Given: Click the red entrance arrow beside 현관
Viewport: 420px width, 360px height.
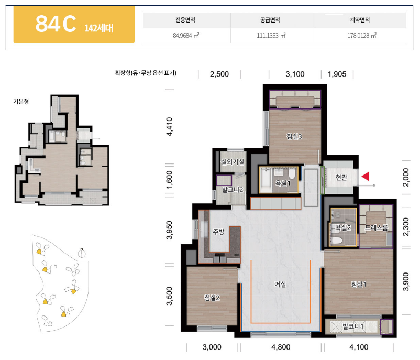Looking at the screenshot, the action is pyautogui.click(x=366, y=177).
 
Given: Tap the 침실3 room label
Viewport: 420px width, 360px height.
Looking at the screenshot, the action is pyautogui.click(x=294, y=136).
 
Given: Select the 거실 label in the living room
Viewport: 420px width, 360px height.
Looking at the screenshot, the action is pyautogui.click(x=280, y=284).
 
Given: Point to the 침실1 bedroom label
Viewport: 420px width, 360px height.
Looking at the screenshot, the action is pyautogui.click(x=359, y=284).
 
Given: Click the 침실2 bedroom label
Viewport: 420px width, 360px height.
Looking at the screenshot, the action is pyautogui.click(x=212, y=298).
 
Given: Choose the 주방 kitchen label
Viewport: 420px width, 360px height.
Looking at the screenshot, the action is pyautogui.click(x=218, y=232).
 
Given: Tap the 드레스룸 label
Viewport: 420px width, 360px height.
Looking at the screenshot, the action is pyautogui.click(x=377, y=228).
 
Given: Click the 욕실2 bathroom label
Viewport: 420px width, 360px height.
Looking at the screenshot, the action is pyautogui.click(x=344, y=228).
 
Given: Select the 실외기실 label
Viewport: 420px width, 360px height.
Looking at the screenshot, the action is pyautogui.click(x=232, y=162).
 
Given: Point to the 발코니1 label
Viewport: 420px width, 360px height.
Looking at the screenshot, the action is pyautogui.click(x=353, y=326).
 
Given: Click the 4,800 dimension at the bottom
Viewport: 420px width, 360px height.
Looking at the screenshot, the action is pyautogui.click(x=281, y=347).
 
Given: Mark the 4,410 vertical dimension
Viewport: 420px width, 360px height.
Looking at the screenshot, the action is pyautogui.click(x=169, y=126).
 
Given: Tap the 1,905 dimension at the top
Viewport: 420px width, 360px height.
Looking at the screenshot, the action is pyautogui.click(x=337, y=74).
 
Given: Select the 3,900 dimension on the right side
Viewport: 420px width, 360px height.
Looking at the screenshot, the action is pyautogui.click(x=406, y=281).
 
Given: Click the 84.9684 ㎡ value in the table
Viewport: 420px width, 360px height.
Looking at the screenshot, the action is pyautogui.click(x=186, y=36).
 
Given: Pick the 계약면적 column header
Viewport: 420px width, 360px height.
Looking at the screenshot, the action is pyautogui.click(x=360, y=20).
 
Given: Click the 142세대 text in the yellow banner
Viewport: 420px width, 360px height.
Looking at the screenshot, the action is pyautogui.click(x=99, y=28).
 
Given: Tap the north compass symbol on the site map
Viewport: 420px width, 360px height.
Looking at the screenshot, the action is pyautogui.click(x=81, y=253).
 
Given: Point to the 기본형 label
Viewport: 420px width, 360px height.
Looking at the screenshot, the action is pyautogui.click(x=21, y=101).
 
